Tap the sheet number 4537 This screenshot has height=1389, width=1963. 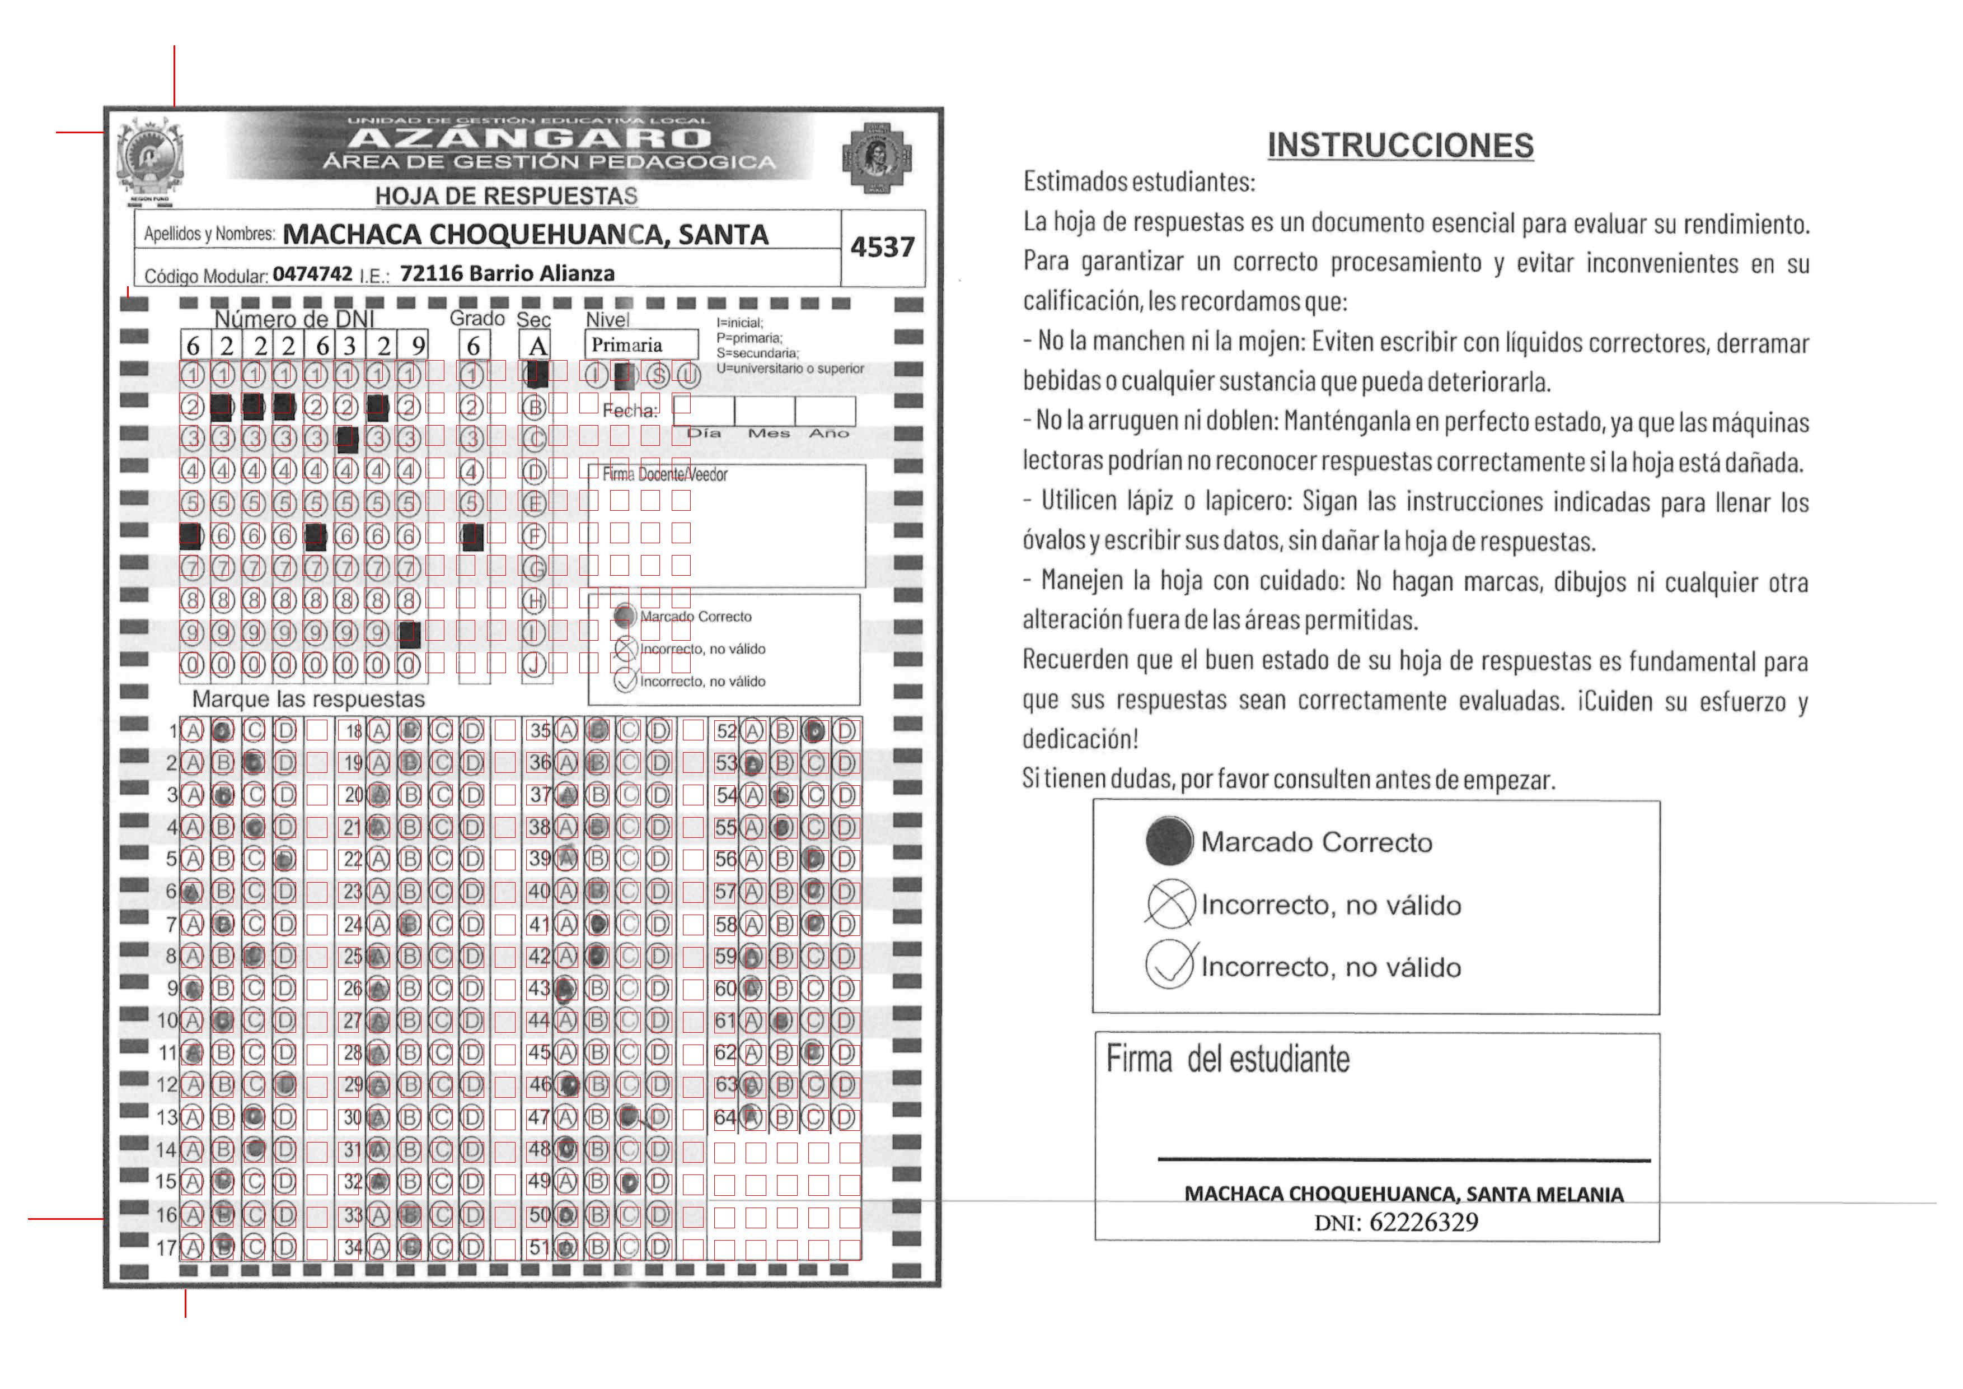pos(882,247)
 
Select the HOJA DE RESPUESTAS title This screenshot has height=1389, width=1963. pos(506,196)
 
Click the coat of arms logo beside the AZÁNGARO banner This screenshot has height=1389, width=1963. pos(151,159)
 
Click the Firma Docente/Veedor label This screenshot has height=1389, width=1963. pos(664,475)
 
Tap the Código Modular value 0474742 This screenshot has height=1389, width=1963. pos(312,274)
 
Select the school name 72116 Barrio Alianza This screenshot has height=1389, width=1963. pos(507,274)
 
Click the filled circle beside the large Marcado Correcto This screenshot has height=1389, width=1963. pos(1169,841)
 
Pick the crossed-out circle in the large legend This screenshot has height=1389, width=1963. pos(1170,904)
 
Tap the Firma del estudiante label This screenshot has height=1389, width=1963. pos(1228,1060)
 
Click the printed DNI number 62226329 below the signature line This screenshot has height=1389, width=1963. pos(1423,1222)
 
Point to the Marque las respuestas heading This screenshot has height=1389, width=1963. pos(308,700)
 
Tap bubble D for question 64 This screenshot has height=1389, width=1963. pos(846,1117)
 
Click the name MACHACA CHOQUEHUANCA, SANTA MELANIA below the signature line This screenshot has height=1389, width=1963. pos(1403,1194)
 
